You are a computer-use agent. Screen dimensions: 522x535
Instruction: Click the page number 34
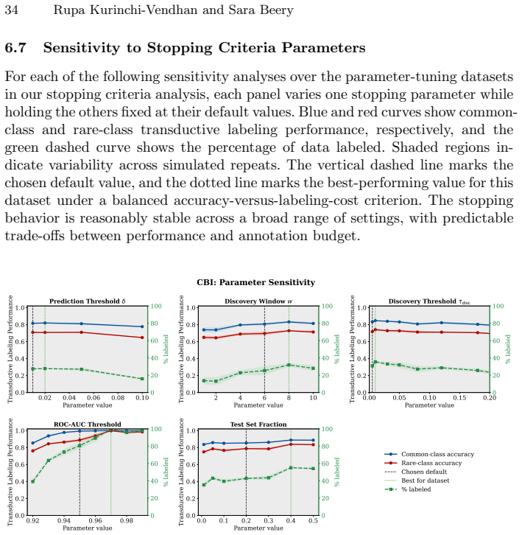tap(11, 10)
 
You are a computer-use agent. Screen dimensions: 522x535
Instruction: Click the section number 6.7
tap(15, 47)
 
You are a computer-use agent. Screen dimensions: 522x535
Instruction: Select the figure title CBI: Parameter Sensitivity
tap(255, 282)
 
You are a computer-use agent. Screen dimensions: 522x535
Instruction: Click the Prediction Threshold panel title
tap(88, 301)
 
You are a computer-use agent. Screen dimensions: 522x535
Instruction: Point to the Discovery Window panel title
tap(258, 301)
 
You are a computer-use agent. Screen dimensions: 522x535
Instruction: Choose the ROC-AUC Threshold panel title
tap(88, 424)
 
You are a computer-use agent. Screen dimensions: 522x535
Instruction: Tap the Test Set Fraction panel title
tap(258, 424)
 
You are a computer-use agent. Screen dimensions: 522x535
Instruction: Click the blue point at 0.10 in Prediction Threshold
tap(142, 326)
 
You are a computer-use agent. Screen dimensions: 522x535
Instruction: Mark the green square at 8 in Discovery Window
tap(289, 365)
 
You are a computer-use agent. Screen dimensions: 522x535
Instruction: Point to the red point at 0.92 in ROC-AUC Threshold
tap(32, 451)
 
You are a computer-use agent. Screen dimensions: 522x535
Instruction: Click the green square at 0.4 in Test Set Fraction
tap(291, 468)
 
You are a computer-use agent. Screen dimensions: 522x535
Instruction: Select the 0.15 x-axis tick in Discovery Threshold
tap(459, 398)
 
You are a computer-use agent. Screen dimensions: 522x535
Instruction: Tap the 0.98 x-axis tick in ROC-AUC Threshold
tap(127, 521)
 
